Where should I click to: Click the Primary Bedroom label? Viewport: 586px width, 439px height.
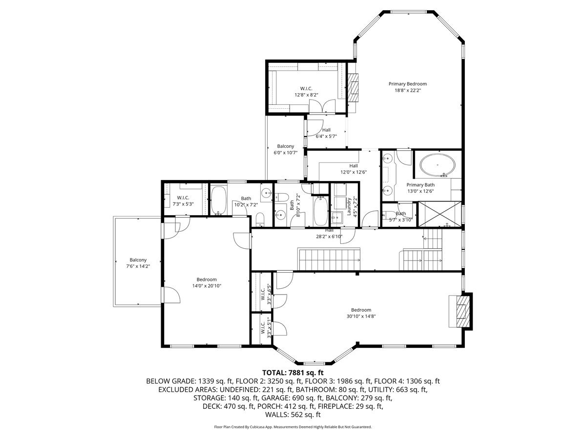407,84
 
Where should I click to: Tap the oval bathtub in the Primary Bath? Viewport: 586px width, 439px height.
437,165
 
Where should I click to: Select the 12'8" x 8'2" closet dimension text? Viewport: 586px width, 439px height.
306,95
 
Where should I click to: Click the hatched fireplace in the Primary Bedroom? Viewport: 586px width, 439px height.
353,87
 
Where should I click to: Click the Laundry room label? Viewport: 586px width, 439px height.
349,206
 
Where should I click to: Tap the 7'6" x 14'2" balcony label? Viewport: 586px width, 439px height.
138,263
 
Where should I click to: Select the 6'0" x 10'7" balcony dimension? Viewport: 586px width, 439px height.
285,153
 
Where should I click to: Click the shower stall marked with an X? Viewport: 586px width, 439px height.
439,214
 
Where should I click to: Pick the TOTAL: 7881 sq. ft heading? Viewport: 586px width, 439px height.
293,372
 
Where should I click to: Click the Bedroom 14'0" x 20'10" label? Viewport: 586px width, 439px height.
207,282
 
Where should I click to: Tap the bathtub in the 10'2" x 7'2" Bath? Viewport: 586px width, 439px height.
219,200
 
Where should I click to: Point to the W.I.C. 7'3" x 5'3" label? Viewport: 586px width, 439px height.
183,200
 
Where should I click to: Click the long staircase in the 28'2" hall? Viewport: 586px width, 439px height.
329,259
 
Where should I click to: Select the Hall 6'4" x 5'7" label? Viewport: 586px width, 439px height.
326,133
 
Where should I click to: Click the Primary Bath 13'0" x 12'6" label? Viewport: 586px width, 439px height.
420,188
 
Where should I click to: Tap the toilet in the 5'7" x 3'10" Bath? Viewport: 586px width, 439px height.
389,215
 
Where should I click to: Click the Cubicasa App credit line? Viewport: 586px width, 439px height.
293,427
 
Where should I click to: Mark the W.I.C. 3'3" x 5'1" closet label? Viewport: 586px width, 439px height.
266,329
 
